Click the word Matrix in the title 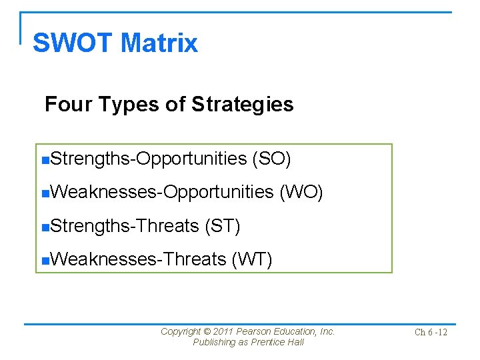pyautogui.click(x=159, y=43)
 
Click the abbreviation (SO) pyautogui.click(x=271, y=159)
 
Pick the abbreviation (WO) pyautogui.click(x=301, y=192)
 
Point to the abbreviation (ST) pyautogui.click(x=223, y=226)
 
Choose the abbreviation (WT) pyautogui.click(x=251, y=259)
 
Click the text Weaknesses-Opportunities pyautogui.click(x=161, y=192)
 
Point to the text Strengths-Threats pyautogui.click(x=125, y=226)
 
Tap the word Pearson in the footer pyautogui.click(x=254, y=331)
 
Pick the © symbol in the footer pyautogui.click(x=207, y=331)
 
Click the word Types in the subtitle pyautogui.click(x=115, y=105)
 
